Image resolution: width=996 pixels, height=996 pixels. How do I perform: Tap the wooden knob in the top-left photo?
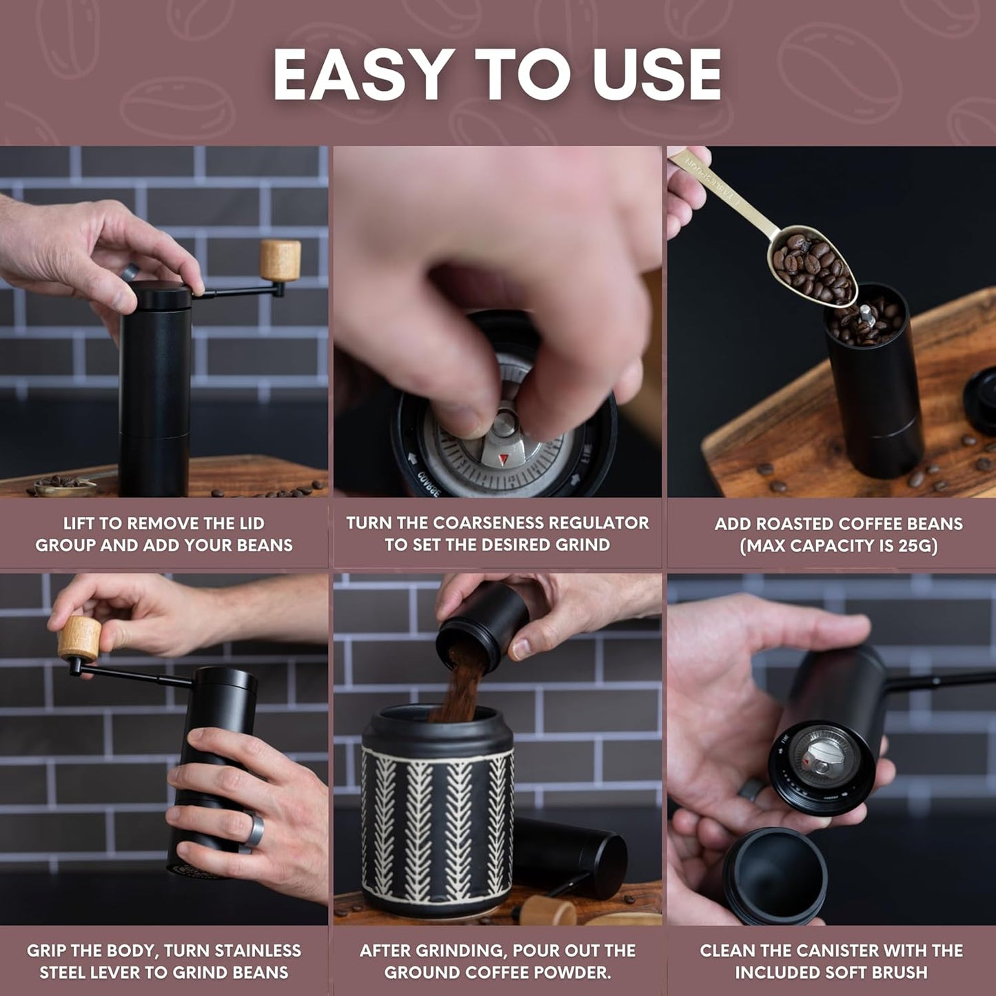281,260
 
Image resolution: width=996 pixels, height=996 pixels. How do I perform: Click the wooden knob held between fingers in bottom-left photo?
79,638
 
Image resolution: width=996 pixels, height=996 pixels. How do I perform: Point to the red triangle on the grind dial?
502,458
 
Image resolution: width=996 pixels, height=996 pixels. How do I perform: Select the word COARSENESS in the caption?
507,523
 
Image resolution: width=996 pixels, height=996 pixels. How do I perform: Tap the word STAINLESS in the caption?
258,951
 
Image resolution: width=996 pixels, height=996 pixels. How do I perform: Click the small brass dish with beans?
65,487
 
